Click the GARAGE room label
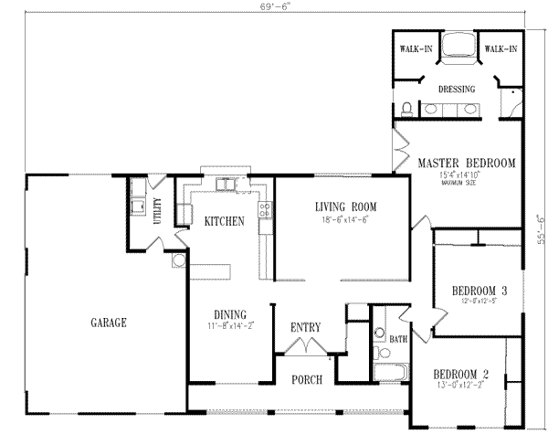click(x=108, y=323)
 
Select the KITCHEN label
click(x=223, y=221)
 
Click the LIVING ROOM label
click(x=346, y=206)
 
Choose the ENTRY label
click(x=304, y=327)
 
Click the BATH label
click(x=398, y=339)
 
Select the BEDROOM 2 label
click(x=461, y=375)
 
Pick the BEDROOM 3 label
click(x=479, y=291)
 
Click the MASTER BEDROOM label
click(x=467, y=163)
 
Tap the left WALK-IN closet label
click(x=416, y=48)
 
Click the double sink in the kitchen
click(x=224, y=186)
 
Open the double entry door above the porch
click(x=303, y=348)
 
